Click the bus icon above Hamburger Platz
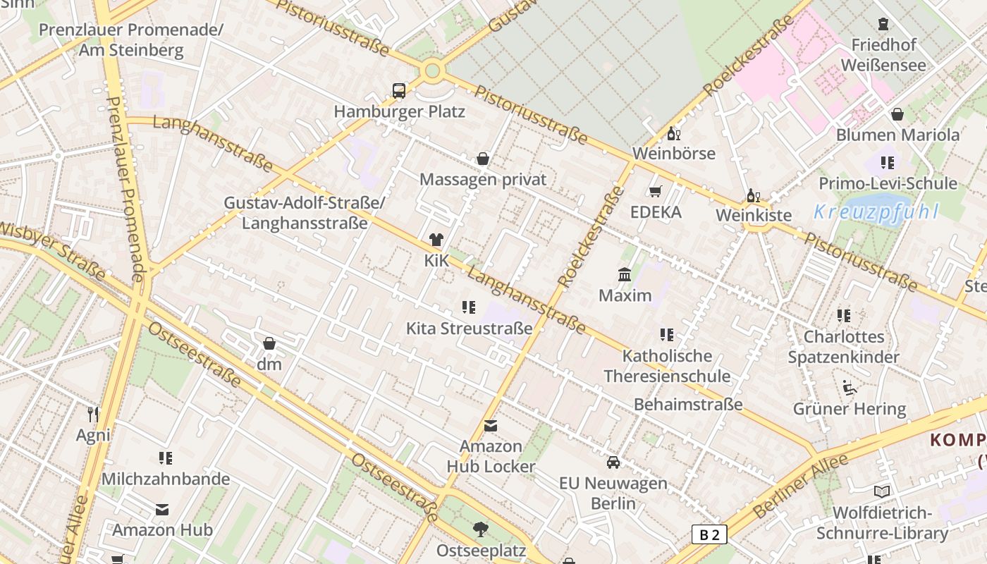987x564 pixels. tap(399, 91)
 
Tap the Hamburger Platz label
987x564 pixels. tap(399, 111)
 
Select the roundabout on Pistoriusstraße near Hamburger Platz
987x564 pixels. tap(432, 70)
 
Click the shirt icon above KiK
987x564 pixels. tap(436, 240)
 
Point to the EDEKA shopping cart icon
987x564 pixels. tap(656, 191)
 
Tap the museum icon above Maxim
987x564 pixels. tap(625, 274)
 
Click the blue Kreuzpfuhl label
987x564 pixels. tap(876, 211)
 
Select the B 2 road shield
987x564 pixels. tap(709, 534)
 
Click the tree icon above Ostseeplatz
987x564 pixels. tap(481, 529)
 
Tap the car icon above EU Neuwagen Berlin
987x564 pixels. tap(613, 462)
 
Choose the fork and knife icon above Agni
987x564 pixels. tap(93, 414)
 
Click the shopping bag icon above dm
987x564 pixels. tap(269, 343)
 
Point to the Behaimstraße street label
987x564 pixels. tap(688, 405)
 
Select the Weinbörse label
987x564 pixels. tap(673, 153)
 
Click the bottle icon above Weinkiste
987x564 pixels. tap(754, 195)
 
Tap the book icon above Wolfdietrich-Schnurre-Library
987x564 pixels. tap(881, 491)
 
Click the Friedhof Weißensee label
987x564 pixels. tap(883, 55)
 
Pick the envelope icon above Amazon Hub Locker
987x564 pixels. tap(491, 426)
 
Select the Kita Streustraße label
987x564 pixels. tap(469, 329)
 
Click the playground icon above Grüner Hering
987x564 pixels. tap(850, 388)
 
